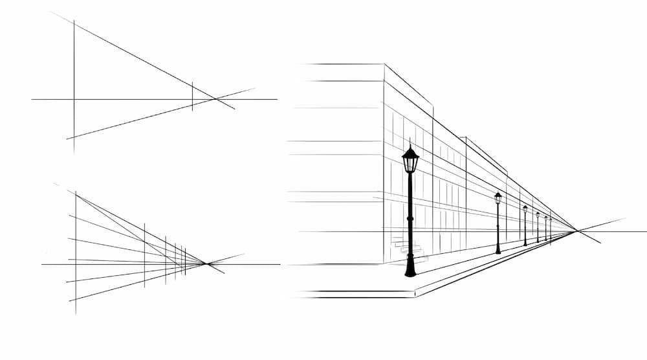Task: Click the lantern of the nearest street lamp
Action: (410, 161)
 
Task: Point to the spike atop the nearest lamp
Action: (410, 142)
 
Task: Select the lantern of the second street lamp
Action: (498, 198)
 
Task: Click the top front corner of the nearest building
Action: (384, 64)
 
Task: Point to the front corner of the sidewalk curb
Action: (415, 295)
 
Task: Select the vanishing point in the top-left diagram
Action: (215, 99)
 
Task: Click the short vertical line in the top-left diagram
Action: (192, 96)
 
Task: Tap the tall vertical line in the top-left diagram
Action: (74, 84)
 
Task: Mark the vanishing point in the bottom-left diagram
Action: (206, 264)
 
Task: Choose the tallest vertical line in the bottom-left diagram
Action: (76, 253)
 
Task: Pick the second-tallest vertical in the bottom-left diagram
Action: (144, 254)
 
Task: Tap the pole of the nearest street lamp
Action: (410, 214)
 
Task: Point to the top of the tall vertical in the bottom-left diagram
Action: (76, 192)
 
